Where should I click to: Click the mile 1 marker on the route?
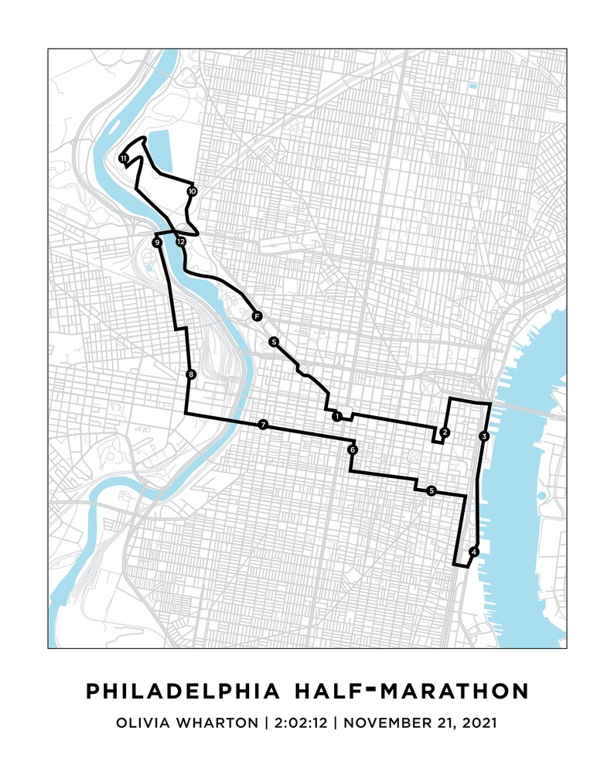336,416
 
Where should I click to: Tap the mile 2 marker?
445,432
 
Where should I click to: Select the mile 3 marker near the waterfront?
483,436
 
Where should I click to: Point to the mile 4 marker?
474,551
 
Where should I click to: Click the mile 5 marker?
431,490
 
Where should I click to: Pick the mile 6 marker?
352,449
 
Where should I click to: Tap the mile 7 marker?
264,425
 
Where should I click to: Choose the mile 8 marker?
191,375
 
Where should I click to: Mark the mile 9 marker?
157,243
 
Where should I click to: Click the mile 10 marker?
192,190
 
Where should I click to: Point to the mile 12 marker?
181,241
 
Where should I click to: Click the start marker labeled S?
273,341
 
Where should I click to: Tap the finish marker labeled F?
256,316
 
